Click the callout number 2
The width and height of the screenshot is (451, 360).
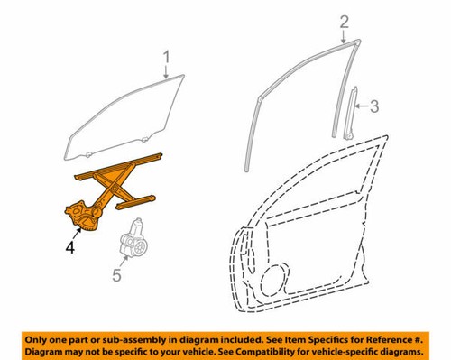[343, 22]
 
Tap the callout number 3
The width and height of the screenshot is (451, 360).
[376, 107]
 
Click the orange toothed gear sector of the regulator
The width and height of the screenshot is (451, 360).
[83, 215]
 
